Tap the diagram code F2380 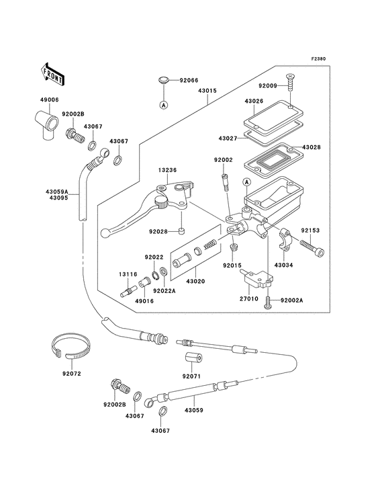[318, 59]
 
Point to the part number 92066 [188, 80]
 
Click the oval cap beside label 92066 [163, 81]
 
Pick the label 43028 [312, 147]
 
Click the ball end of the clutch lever [111, 233]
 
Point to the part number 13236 [168, 170]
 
